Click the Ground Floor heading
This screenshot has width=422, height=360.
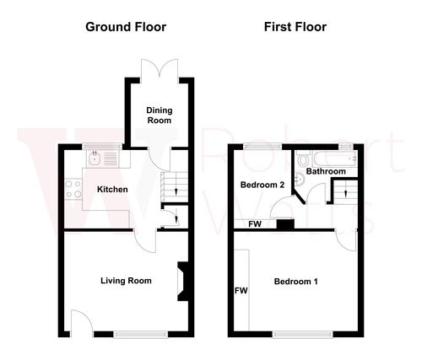[126, 26]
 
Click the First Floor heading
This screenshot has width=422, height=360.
[295, 26]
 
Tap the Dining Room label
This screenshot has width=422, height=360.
[159, 116]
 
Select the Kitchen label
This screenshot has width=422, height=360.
[111, 190]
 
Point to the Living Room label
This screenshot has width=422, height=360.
[126, 281]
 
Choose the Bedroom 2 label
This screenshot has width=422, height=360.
[262, 185]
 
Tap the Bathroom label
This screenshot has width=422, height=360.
[325, 172]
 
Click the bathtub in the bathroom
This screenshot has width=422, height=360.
[338, 158]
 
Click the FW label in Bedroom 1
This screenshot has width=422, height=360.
[241, 291]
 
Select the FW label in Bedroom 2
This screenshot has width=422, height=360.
[253, 224]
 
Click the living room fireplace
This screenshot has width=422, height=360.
[180, 282]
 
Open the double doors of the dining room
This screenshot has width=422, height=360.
[159, 68]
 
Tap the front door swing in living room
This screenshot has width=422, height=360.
[80, 323]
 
